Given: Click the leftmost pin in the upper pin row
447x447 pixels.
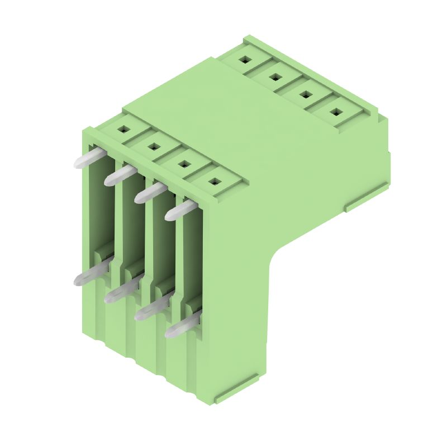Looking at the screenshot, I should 89,158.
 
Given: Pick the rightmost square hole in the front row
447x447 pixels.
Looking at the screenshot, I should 214,181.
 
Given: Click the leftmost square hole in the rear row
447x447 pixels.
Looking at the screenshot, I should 245,59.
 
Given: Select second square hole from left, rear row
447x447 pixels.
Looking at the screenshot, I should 274,77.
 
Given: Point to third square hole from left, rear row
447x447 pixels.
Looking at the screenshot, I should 305,94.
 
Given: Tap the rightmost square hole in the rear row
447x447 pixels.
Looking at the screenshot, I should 335,111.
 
